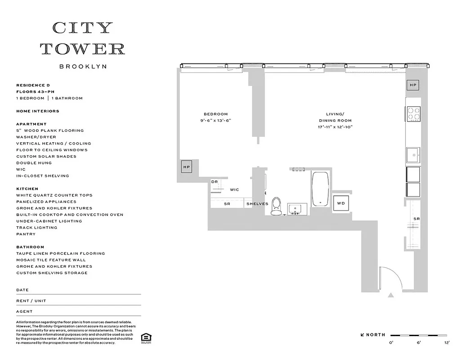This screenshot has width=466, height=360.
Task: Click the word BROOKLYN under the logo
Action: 83,67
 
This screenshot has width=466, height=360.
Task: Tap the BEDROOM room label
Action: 215,114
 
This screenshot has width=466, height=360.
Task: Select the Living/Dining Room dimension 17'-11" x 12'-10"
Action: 336,127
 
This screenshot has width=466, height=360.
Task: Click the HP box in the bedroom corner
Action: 187,166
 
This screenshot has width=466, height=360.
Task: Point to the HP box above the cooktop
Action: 413,85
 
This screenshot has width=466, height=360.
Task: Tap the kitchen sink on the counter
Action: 412,155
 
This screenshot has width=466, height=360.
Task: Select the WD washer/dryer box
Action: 341,203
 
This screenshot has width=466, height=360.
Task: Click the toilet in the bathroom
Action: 276,206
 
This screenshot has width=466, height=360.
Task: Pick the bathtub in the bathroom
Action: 320,189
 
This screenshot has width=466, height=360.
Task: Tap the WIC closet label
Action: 234,190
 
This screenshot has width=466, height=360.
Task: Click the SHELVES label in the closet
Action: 257,204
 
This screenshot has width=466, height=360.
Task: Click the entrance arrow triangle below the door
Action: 391,296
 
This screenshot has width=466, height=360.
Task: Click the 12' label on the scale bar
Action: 447,343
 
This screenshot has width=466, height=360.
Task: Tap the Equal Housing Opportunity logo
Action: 145,337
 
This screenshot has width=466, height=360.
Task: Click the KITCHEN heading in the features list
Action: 27,189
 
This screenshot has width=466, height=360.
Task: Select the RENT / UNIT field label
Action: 31,301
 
